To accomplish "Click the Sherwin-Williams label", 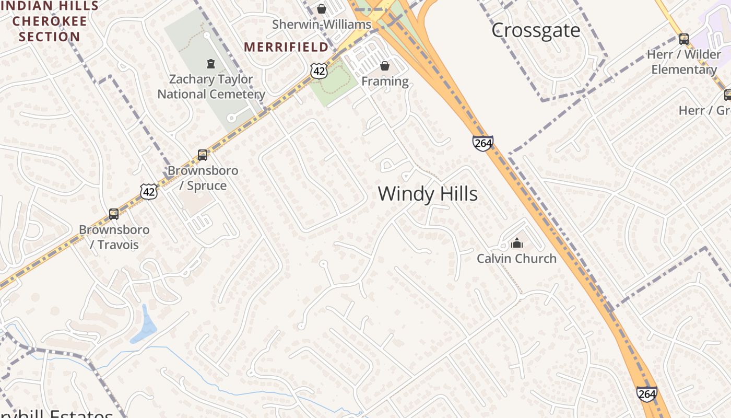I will (322, 25).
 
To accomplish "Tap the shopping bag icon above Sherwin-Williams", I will (322, 9).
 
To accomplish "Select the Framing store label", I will (385, 81).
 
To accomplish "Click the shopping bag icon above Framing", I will (385, 66).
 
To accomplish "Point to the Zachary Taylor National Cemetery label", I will (211, 87).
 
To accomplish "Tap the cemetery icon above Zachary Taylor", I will (211, 64).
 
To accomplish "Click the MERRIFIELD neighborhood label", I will (286, 47).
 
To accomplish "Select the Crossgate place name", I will (536, 30).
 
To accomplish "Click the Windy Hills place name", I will (428, 194).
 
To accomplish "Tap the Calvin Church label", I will (516, 258).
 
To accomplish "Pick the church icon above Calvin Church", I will (517, 243).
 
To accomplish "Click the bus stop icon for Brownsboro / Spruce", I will (203, 155).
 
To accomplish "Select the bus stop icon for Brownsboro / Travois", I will (114, 214).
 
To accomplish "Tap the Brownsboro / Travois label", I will (114, 237).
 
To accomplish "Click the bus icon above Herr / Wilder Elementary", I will (684, 39).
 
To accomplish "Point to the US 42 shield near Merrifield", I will (319, 71).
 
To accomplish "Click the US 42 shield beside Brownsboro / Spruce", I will (149, 192).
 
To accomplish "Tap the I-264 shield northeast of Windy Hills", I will (483, 143).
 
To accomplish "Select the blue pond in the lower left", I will (144, 326).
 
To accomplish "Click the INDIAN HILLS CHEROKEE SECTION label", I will (50, 21).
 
